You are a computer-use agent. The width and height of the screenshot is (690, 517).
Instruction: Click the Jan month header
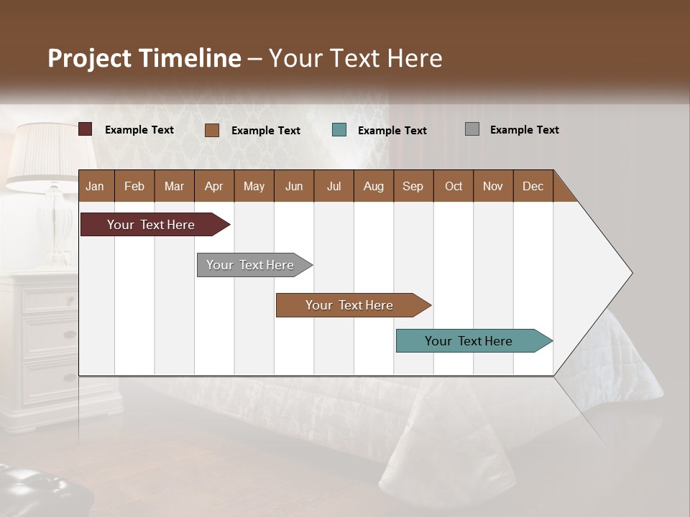tap(95, 187)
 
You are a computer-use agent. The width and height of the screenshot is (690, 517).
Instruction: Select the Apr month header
tap(213, 187)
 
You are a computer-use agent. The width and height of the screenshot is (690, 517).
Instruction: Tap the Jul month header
tap(333, 187)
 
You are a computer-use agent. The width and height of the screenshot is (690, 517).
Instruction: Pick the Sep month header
tap(413, 187)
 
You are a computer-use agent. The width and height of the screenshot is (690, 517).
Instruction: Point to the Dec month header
tap(533, 187)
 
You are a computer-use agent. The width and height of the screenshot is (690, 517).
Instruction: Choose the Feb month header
tap(134, 187)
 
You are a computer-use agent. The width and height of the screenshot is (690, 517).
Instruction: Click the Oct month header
tap(454, 187)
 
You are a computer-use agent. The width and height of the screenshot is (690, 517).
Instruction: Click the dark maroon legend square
tap(86, 129)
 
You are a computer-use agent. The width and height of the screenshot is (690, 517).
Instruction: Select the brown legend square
tap(212, 130)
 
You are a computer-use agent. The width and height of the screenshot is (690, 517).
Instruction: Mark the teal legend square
tap(339, 130)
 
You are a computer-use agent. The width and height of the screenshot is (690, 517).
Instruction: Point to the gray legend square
tap(472, 129)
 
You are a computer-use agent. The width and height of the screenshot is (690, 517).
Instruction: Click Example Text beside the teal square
tap(392, 131)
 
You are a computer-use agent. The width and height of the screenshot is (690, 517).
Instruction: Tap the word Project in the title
tap(89, 58)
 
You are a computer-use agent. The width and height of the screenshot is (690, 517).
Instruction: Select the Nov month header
tap(492, 187)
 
